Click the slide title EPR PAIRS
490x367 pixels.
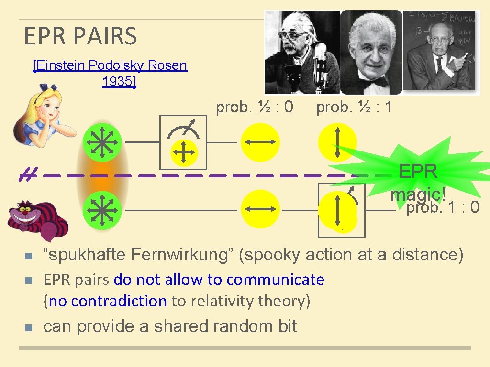point(80,36)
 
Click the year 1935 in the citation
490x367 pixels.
point(119,82)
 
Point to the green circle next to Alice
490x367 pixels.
point(102,142)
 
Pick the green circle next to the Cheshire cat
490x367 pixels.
point(102,210)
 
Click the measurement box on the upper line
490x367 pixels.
point(184,142)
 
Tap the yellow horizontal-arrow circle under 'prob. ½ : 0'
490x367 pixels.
point(260,142)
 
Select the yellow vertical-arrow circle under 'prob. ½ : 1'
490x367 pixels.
point(337,142)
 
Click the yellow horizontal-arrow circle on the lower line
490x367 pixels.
point(260,210)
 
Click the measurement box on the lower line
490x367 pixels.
point(342,211)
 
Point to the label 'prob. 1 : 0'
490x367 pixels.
point(443,208)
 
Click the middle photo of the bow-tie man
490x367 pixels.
point(370,53)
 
